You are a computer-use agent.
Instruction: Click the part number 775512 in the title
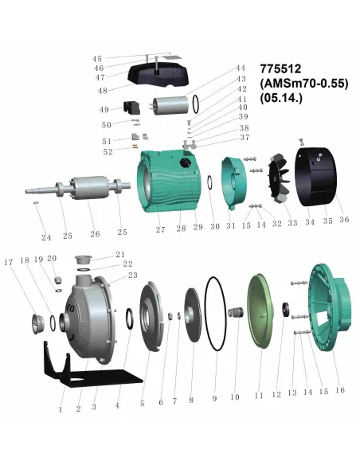tap(280, 68)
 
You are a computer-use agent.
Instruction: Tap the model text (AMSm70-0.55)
tap(304, 84)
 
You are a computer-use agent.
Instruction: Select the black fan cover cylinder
tap(315, 177)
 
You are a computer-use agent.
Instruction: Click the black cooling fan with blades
tap(278, 178)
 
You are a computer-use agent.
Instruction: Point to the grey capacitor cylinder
tap(170, 106)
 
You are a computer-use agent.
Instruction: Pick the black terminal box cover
tap(158, 75)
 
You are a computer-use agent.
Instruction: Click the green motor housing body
tap(168, 182)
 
